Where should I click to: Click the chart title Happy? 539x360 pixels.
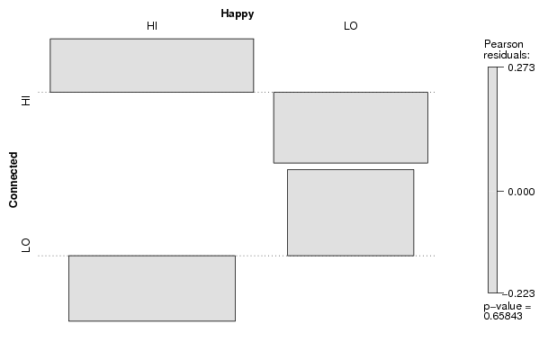tap(238, 14)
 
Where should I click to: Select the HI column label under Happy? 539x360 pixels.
tap(152, 26)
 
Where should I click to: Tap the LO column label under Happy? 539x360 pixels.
tap(351, 26)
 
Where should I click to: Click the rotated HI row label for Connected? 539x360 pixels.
tap(26, 101)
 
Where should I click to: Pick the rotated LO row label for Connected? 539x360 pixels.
tap(26, 245)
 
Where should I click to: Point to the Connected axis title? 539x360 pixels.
tap(13, 180)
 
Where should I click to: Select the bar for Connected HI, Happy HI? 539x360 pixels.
tap(152, 66)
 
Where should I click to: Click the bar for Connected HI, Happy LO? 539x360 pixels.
tap(351, 128)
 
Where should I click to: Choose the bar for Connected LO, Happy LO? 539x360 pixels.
tap(351, 212)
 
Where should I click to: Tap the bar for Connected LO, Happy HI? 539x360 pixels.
tap(152, 289)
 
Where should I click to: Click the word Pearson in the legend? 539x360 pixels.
tap(504, 44)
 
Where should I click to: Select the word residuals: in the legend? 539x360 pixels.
tap(507, 55)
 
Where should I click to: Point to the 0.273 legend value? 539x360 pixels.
tap(521, 67)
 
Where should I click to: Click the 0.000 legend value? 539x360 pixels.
tap(521, 192)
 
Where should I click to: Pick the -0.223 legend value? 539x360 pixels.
tap(518, 293)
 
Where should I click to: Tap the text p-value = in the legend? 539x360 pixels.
tap(508, 307)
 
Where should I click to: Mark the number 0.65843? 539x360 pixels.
tap(503, 316)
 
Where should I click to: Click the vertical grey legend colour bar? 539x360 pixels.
tap(492, 180)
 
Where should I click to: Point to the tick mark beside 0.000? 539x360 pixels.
tap(500, 192)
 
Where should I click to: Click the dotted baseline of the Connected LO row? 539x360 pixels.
tap(237, 256)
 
